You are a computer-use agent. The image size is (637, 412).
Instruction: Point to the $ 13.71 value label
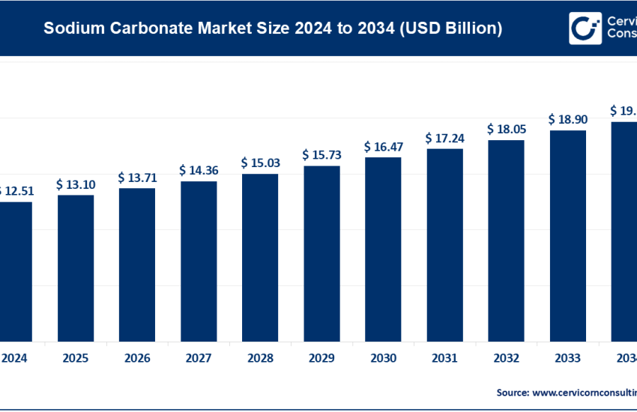click(137, 178)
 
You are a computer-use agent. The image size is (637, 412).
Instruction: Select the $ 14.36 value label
click(199, 170)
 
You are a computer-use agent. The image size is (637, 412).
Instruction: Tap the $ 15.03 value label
click(260, 163)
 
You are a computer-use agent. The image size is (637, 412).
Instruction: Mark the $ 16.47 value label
click(383, 146)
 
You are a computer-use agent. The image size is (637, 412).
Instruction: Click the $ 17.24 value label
click(444, 138)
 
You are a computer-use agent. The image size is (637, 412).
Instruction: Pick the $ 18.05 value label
click(506, 129)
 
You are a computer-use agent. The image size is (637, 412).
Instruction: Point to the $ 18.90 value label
click(567, 119)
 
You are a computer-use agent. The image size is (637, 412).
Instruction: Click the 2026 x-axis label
click(137, 358)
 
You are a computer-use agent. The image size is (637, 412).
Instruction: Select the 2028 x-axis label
click(260, 358)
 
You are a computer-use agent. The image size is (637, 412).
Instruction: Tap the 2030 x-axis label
click(383, 358)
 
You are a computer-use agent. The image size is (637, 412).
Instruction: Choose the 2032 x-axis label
click(506, 358)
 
